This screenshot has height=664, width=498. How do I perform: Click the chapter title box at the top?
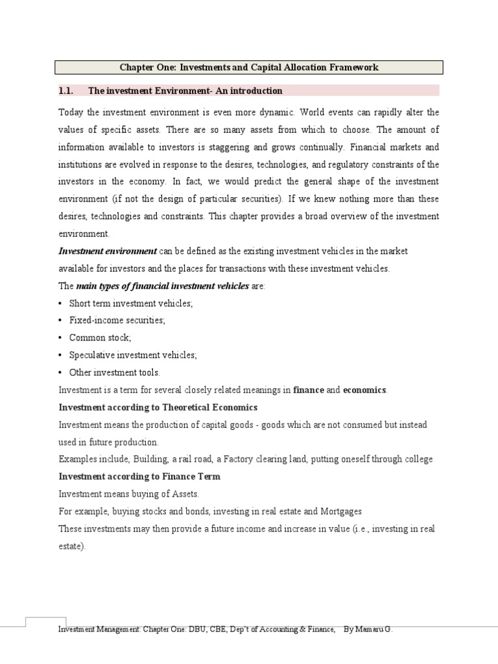pyautogui.click(x=249, y=67)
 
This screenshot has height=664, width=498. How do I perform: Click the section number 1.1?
pyautogui.click(x=67, y=90)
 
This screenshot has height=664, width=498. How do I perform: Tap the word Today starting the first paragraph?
pyautogui.click(x=71, y=112)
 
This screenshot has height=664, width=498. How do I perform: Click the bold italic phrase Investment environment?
pyautogui.click(x=108, y=251)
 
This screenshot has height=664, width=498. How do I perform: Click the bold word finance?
pyautogui.click(x=309, y=390)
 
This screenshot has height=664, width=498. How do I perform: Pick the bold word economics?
pyautogui.click(x=364, y=390)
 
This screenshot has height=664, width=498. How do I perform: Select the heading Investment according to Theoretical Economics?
pyautogui.click(x=158, y=407)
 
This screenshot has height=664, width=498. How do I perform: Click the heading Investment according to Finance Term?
pyautogui.click(x=139, y=477)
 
